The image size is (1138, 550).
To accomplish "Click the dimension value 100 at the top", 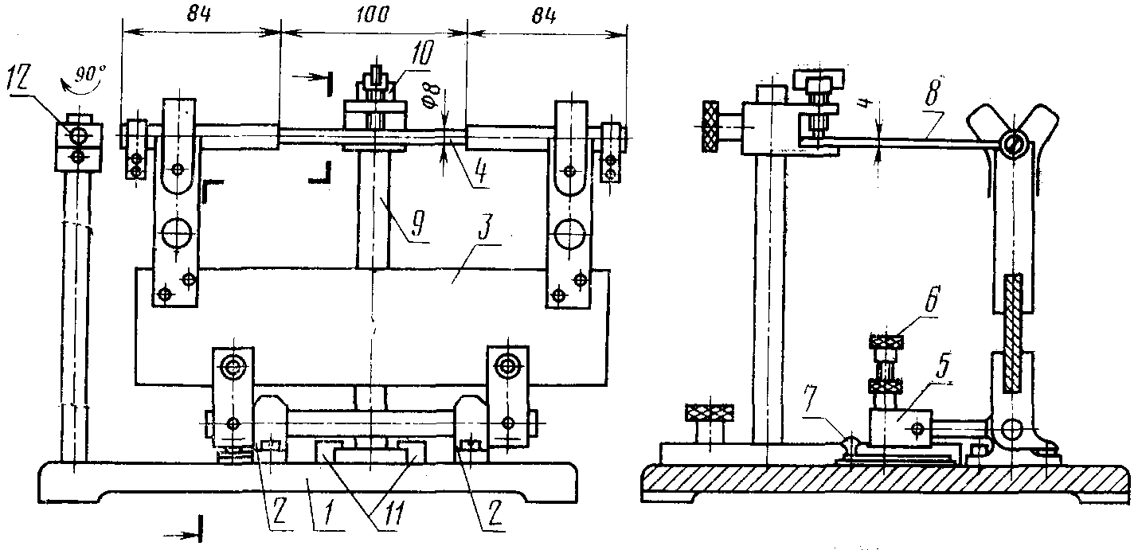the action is click(x=373, y=15).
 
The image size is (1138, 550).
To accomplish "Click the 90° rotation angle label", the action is click(x=89, y=74).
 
